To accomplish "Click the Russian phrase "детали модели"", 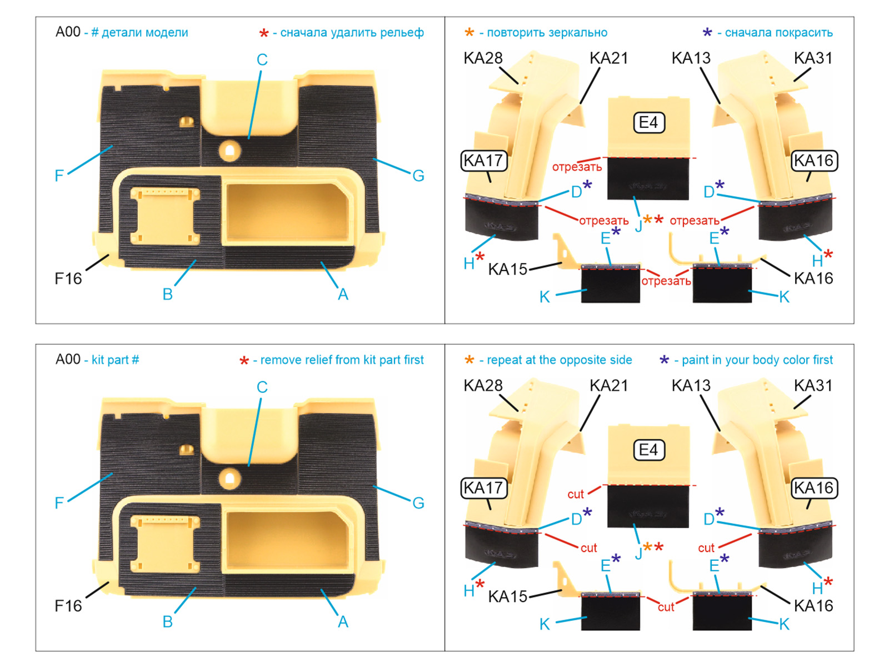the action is pyautogui.click(x=144, y=32).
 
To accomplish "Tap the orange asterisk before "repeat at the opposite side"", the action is pyautogui.click(x=469, y=359).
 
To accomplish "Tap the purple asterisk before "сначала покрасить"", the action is pyautogui.click(x=707, y=32).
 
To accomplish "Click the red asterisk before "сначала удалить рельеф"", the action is pyautogui.click(x=264, y=33).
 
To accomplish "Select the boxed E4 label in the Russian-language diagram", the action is pyautogui.click(x=648, y=123).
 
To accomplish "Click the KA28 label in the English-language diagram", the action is pyautogui.click(x=483, y=385).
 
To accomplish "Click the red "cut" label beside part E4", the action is pyautogui.click(x=576, y=494).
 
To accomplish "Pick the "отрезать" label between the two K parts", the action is pyautogui.click(x=666, y=281).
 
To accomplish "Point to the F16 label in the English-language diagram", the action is pyautogui.click(x=68, y=606).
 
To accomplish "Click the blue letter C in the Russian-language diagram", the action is pyautogui.click(x=262, y=59).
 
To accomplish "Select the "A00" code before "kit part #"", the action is pyautogui.click(x=68, y=359).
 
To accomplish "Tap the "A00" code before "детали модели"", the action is pyautogui.click(x=68, y=32).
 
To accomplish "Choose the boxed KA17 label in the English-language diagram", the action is pyautogui.click(x=484, y=488).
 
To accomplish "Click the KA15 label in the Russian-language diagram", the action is pyautogui.click(x=507, y=269).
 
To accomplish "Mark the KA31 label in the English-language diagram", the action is pyautogui.click(x=813, y=385).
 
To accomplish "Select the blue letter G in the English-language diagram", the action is pyautogui.click(x=418, y=503).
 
